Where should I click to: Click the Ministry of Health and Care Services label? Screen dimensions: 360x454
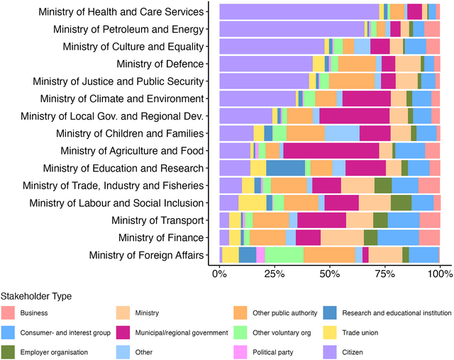coord(122,11)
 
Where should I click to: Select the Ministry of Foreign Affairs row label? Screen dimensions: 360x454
coord(146,255)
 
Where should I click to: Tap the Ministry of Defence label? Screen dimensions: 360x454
coord(154,64)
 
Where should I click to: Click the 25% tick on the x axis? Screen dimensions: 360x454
coord(275,272)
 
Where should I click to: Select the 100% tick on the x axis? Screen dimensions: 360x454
coord(439,272)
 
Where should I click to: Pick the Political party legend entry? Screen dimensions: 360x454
coord(273,351)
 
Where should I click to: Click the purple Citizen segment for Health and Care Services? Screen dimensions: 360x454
coord(299,11)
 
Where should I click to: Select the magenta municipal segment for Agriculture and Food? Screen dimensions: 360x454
coord(331,150)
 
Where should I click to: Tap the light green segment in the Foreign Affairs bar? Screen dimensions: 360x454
coord(284,255)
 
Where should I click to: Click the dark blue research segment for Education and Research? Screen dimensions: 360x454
coord(285,168)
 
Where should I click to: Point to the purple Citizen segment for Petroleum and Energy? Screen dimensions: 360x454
coord(292,29)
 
